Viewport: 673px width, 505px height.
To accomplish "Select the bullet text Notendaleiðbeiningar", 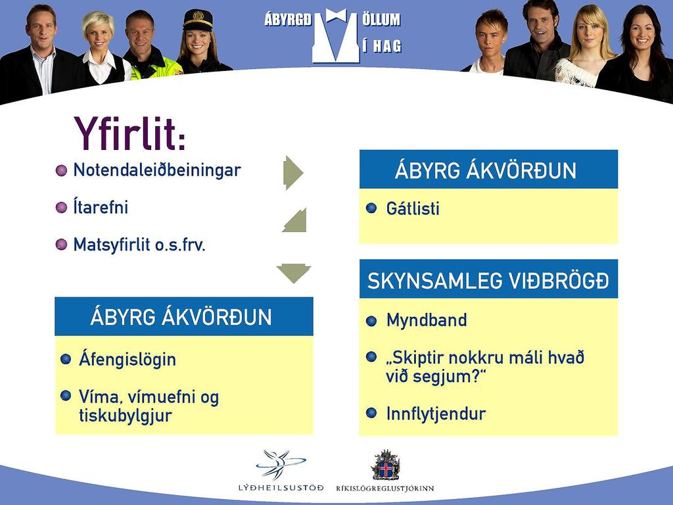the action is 157,170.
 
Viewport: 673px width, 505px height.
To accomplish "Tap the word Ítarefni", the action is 101,207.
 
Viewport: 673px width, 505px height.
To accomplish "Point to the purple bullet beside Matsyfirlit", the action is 61,245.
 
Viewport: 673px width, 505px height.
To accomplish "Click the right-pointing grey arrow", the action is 293,173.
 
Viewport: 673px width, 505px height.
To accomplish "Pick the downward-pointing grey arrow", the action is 294,274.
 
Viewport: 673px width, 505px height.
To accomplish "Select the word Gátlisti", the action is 413,208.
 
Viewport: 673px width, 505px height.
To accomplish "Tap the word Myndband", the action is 427,320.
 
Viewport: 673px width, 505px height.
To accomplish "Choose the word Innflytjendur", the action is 436,414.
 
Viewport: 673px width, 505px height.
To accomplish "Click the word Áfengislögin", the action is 128,360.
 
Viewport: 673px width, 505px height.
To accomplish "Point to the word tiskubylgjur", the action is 126,416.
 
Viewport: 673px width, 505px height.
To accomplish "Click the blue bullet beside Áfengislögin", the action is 66,359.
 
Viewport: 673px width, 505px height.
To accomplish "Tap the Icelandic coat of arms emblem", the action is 385,465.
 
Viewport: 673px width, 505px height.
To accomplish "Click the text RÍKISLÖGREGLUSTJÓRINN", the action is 385,489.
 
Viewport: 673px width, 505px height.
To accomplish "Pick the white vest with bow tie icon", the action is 336,36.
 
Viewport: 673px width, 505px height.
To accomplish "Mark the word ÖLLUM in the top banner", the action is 381,19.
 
